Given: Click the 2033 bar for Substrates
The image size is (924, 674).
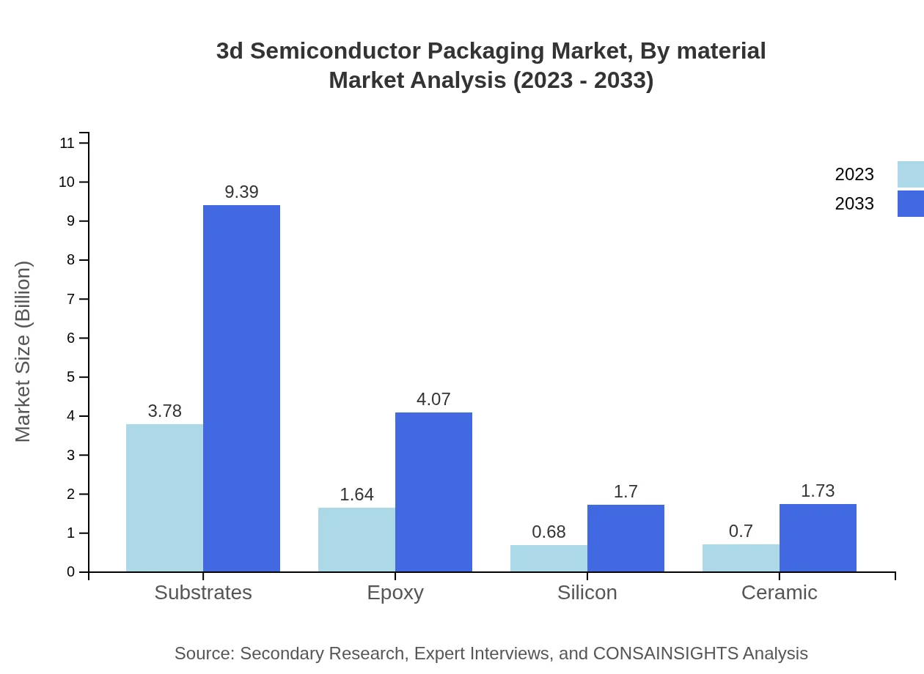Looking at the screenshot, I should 241,388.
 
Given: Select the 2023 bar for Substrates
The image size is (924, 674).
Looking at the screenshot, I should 164,498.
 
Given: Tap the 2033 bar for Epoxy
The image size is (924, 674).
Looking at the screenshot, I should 433,492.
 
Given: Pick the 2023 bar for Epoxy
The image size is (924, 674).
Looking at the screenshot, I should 356,540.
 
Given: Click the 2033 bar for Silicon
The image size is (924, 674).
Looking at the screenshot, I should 626,538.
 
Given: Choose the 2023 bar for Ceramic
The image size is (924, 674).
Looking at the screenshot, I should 741,558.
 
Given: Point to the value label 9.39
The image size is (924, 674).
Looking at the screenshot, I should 241,192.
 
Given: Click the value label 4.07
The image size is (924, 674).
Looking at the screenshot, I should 433,399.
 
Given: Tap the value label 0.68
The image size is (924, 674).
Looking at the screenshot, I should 549,532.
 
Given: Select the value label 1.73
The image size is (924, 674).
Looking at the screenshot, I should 818,491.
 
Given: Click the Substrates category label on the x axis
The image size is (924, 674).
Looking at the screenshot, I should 203,593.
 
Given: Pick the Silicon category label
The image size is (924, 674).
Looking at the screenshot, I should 587,593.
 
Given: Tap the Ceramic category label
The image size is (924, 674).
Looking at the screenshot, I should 780,593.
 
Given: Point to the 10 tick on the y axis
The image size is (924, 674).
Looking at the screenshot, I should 67,182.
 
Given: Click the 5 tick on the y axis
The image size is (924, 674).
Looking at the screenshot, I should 71,377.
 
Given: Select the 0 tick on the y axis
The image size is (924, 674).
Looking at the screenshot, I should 71,572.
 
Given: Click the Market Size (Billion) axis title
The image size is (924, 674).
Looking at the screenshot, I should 23,352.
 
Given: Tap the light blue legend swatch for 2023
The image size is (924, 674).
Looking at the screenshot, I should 910,174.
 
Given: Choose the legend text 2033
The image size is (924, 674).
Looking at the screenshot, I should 854,204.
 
